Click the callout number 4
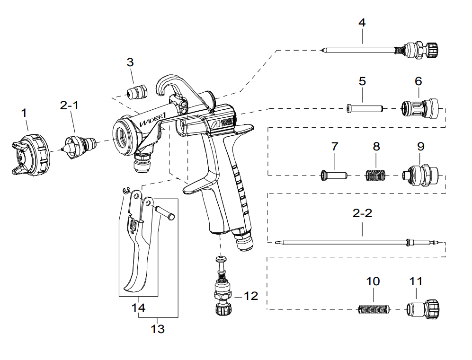tap(362, 23)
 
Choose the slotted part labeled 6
tap(419, 109)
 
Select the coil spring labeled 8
tap(376, 176)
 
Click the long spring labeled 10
tap(373, 310)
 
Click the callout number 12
tap(251, 296)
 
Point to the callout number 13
tap(158, 329)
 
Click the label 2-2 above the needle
tap(363, 213)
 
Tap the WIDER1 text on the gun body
tap(151, 120)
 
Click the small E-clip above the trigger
tap(126, 190)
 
